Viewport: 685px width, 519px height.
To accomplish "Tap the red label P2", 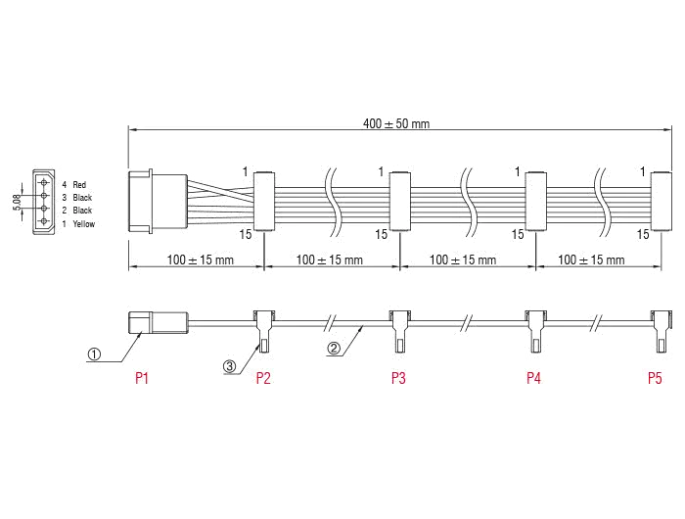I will [262, 377].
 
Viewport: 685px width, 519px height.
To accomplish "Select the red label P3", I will [398, 377].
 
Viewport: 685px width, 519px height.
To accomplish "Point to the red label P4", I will [533, 377].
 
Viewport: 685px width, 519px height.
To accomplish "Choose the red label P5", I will [655, 377].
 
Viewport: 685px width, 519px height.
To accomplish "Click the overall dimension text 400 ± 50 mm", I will [395, 124].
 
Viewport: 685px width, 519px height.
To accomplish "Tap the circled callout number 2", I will [334, 347].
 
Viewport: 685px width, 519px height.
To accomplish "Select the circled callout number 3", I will [230, 365].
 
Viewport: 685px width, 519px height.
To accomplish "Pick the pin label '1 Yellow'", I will [80, 222].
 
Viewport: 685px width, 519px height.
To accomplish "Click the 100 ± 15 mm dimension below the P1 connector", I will [200, 260].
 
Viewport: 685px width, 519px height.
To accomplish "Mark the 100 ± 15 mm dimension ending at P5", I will [591, 260].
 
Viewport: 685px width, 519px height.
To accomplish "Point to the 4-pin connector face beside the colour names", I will [42, 203].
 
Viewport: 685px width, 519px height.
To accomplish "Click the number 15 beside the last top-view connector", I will [642, 235].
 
